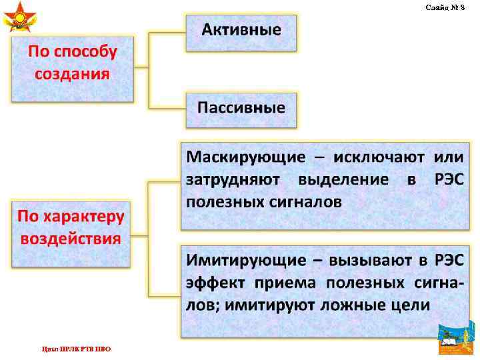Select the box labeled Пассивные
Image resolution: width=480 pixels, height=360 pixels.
pos(241,107)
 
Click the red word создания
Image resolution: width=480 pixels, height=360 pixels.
pos(72,73)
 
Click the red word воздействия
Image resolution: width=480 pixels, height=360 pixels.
pos(71,239)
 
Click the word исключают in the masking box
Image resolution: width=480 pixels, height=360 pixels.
pos(374,157)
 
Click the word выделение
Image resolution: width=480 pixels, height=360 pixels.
pos(343,179)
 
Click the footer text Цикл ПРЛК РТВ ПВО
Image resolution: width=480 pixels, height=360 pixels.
pos(76,349)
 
